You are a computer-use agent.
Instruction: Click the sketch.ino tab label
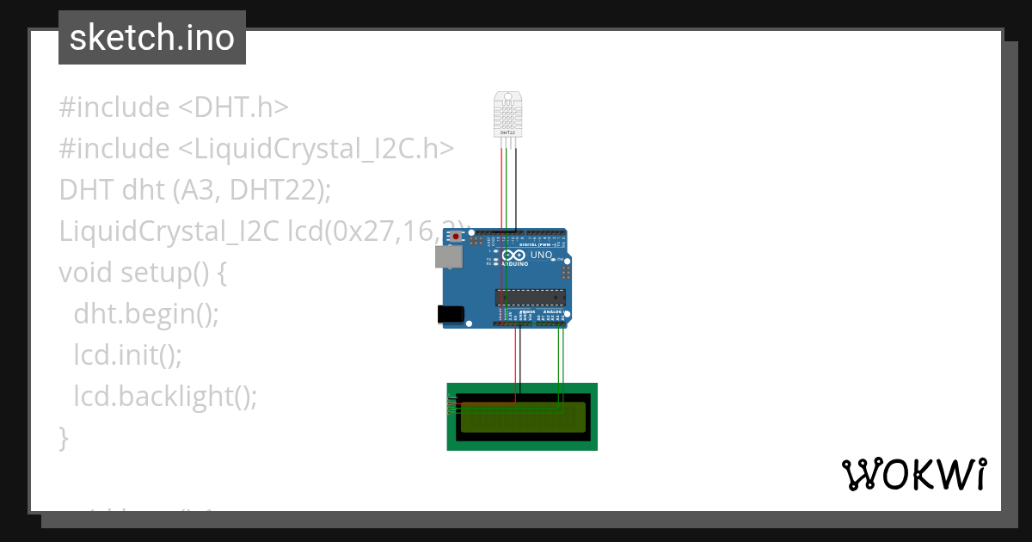coord(151,38)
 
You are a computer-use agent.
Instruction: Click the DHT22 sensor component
coord(508,114)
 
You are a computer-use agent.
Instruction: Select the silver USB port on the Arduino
coord(446,256)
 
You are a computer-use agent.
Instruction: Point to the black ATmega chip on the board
coord(530,298)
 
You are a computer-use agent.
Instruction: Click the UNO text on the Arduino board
coord(542,256)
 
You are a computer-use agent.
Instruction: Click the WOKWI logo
coord(913,475)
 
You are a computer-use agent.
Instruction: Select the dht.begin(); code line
coord(146,314)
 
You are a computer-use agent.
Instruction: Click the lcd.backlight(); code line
coord(165,397)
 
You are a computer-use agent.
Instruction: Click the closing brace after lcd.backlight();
coord(63,438)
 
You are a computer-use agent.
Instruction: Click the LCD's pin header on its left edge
coord(451,404)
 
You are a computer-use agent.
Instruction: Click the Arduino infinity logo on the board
coord(513,256)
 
